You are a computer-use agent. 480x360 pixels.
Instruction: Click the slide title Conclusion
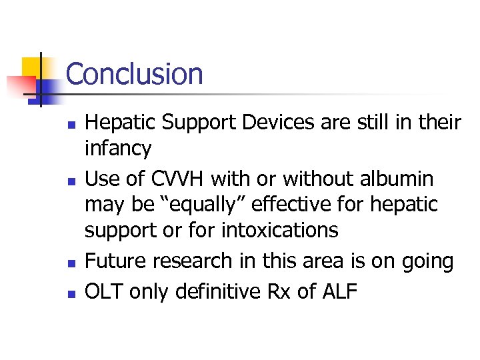coord(134,73)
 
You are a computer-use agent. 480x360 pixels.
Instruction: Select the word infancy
coord(118,148)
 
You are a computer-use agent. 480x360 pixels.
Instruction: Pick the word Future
coord(115,261)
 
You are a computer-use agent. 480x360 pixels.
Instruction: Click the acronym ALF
coord(344,291)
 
